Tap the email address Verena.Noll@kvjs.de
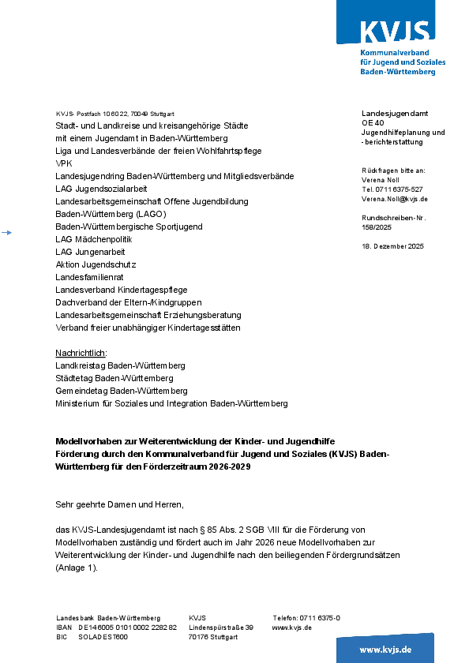pos(394,199)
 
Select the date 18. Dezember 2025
pos(392,246)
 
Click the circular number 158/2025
pos(377,227)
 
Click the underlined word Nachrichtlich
pos(81,353)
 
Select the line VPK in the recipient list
pos(63,163)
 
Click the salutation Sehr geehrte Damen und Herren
pos(119,504)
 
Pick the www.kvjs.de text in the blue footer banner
pos(385,649)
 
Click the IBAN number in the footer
pos(127,627)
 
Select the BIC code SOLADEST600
pos(103,637)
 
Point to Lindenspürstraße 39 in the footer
pos(220,627)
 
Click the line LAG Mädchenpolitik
pos(94,239)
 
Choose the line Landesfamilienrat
pos(89,277)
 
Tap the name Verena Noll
pos(381,180)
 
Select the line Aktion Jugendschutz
pos(96,264)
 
